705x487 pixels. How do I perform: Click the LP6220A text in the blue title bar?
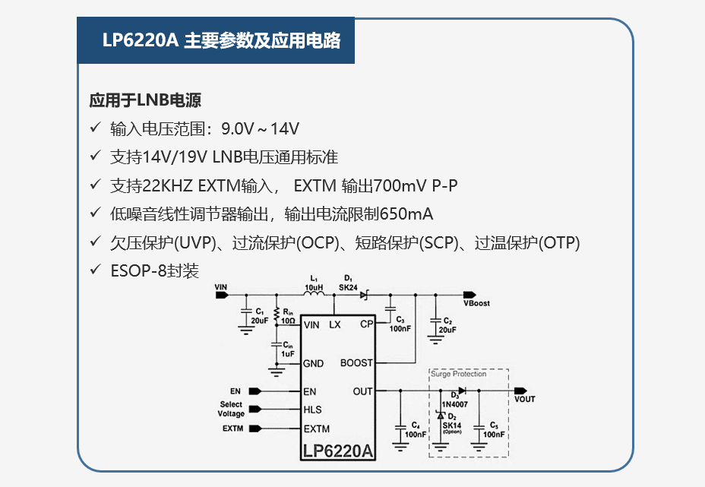point(141,40)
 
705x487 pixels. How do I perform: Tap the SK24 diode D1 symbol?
point(364,295)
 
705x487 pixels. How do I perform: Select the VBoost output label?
point(476,304)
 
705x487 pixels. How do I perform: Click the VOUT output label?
point(525,400)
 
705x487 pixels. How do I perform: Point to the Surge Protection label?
point(459,374)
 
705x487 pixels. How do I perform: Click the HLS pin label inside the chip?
point(312,410)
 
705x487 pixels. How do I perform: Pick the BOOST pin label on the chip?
point(356,363)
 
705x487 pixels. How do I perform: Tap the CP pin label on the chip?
point(366,324)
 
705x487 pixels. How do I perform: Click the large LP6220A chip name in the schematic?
point(338,451)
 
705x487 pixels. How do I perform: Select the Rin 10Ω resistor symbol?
point(277,316)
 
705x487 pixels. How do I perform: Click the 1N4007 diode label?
point(454,404)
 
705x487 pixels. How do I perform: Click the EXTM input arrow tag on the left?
point(255,428)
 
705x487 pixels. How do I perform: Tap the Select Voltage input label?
point(231,409)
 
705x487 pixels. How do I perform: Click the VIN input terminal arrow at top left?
point(222,295)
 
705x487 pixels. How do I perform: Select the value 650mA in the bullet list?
point(406,214)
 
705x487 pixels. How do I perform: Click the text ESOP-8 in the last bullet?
point(138,271)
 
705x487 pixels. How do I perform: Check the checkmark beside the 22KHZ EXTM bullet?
point(95,184)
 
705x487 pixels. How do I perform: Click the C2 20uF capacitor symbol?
point(435,321)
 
